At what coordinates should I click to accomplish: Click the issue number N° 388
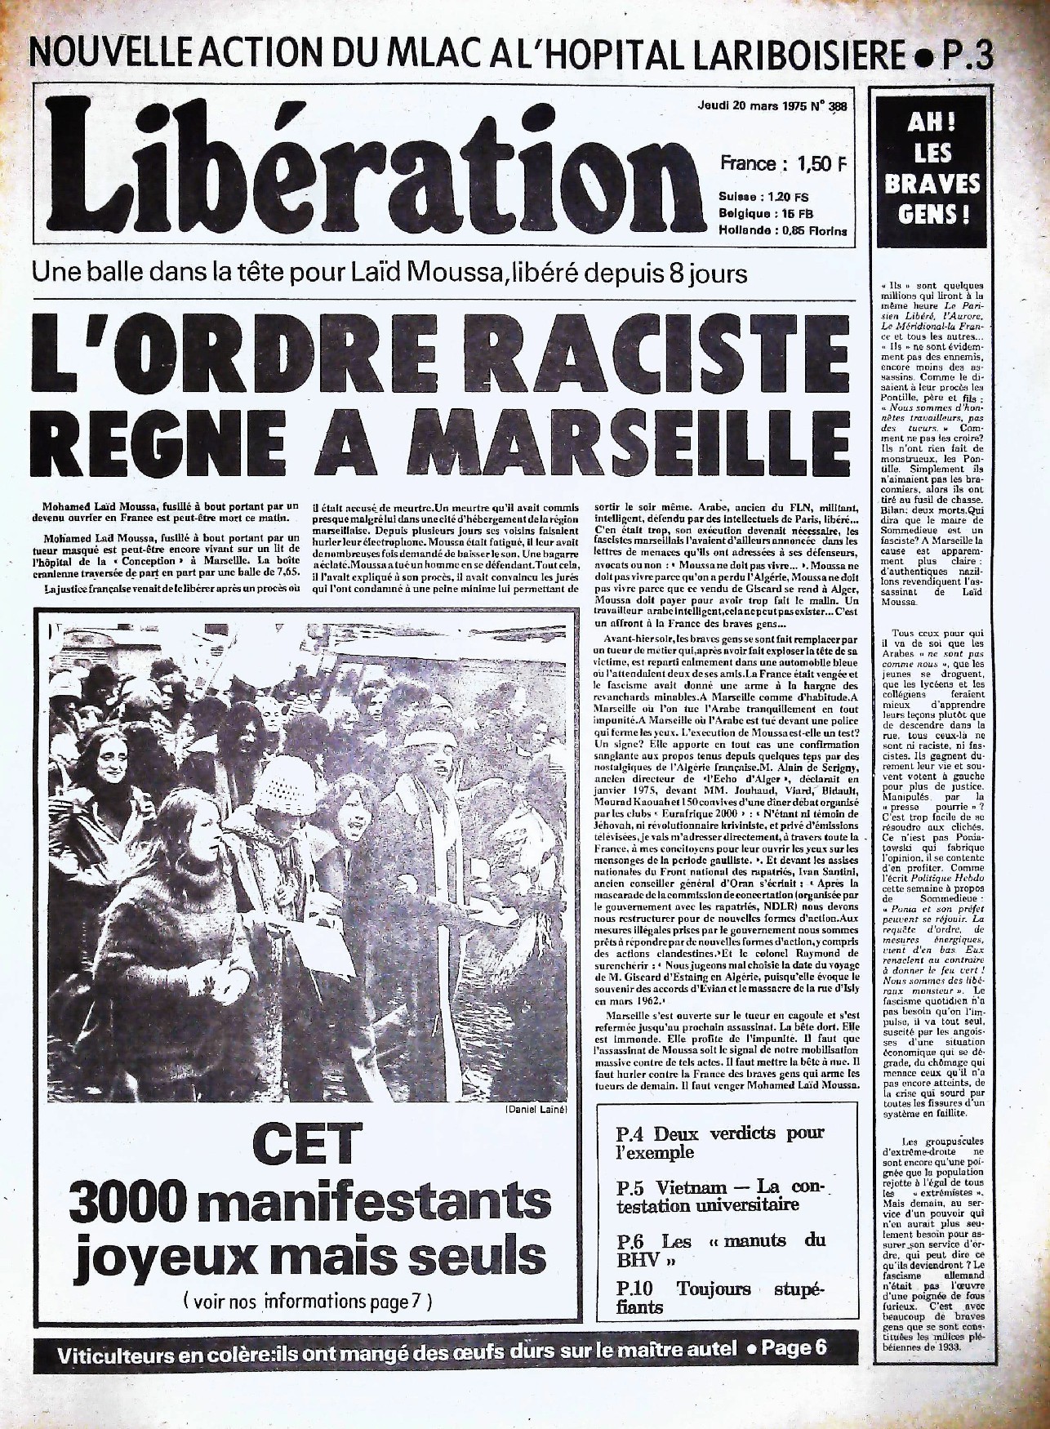point(823,106)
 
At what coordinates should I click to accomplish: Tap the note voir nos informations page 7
point(311,1298)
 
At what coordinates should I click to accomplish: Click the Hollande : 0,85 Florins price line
point(782,231)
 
